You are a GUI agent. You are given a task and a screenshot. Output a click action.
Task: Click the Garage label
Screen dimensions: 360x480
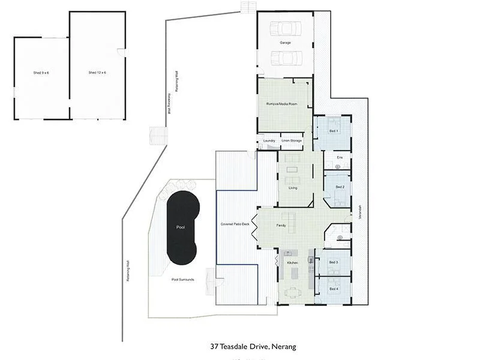tap(285, 43)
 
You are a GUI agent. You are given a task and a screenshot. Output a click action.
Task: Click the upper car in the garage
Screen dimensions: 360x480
tap(285, 28)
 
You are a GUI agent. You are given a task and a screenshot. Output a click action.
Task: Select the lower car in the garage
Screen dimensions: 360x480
tap(285, 58)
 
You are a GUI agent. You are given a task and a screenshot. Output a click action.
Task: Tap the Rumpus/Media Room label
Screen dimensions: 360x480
tap(282, 104)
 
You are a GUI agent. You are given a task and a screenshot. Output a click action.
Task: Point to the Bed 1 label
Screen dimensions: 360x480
tap(334, 131)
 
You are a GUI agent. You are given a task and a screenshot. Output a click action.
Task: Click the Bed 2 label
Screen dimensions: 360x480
tap(340, 187)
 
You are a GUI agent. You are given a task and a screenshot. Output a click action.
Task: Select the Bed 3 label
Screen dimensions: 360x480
tap(334, 263)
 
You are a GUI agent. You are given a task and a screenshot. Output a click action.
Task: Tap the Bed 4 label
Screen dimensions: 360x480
tap(334, 289)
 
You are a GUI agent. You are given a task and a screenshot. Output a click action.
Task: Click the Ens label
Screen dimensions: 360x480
tap(340, 157)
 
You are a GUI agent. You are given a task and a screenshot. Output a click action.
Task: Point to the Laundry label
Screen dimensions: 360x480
tap(269, 141)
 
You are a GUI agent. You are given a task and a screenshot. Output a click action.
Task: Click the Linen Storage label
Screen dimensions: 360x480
tap(291, 141)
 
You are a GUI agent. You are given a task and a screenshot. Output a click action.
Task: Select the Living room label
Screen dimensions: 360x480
tap(293, 188)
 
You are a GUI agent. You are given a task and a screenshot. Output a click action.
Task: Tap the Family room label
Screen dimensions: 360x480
tap(281, 226)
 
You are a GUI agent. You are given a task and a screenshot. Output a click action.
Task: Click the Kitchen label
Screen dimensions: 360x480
tap(292, 263)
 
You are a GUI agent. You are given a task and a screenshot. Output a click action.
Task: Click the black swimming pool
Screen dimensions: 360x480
tap(181, 228)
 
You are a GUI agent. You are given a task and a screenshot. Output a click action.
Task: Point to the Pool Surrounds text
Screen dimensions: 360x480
tap(182, 280)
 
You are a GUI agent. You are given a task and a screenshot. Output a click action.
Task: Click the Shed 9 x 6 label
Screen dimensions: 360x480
tap(41, 73)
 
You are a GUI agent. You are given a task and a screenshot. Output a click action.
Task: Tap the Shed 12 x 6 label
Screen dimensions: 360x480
tap(97, 73)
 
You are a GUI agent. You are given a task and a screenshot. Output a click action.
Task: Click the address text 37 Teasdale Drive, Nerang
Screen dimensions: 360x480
tap(253, 346)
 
